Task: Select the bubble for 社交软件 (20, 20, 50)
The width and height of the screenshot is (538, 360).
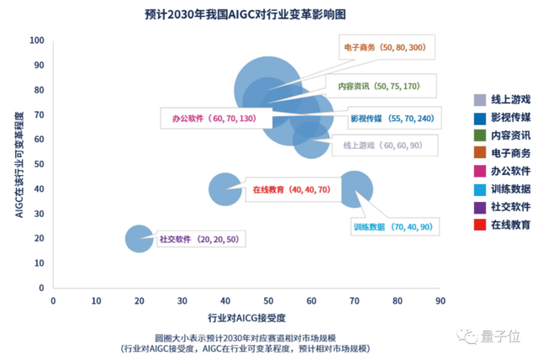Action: (139, 238)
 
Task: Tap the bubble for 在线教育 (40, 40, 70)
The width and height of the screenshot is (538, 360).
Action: (224, 188)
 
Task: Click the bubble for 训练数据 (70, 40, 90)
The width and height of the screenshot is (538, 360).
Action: (354, 189)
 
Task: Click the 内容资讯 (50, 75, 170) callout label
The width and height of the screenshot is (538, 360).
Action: (378, 86)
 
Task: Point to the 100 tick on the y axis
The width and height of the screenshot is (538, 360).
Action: (38, 40)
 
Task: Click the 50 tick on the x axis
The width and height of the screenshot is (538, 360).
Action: (267, 299)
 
